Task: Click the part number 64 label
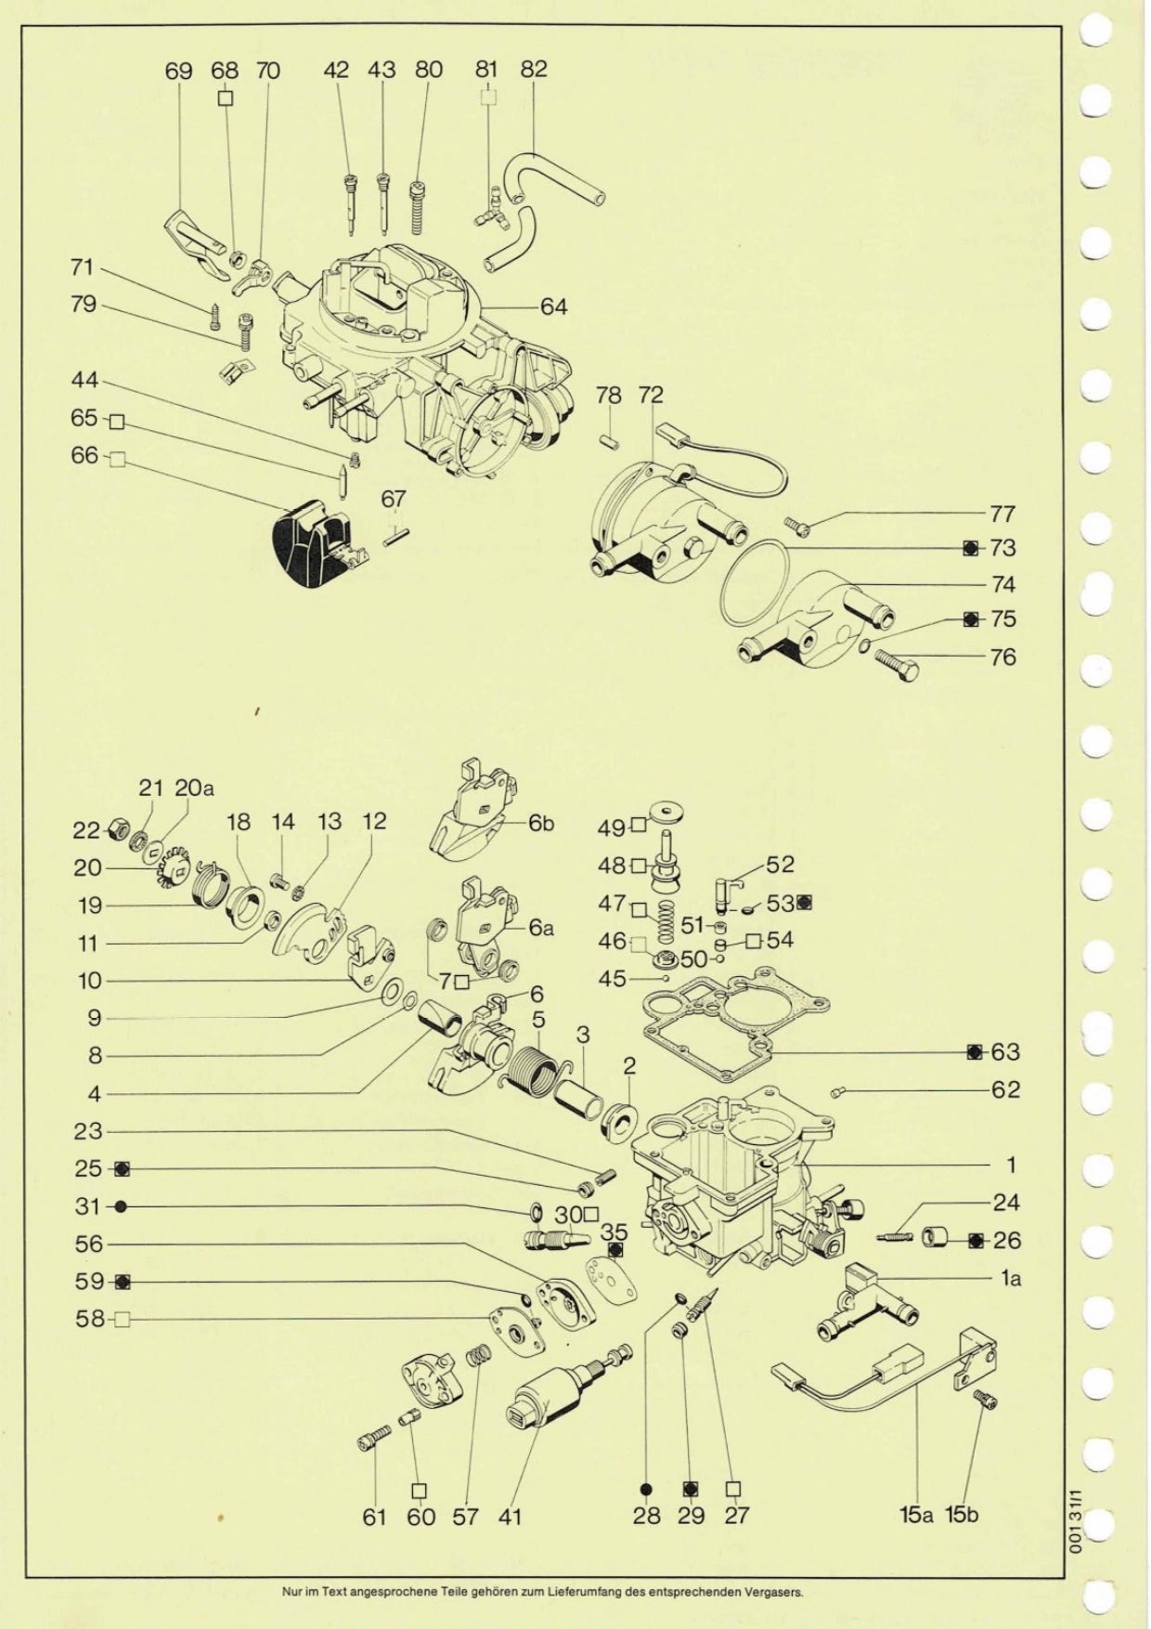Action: coord(553,306)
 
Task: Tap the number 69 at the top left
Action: coord(178,71)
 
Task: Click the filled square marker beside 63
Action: coord(974,1052)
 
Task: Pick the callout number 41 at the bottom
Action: coord(510,1518)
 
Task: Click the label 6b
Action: coord(541,824)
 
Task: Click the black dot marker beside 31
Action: coord(121,1206)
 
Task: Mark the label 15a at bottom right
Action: coord(915,1515)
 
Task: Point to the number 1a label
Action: coord(1011,1279)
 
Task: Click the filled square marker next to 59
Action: coord(122,1282)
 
